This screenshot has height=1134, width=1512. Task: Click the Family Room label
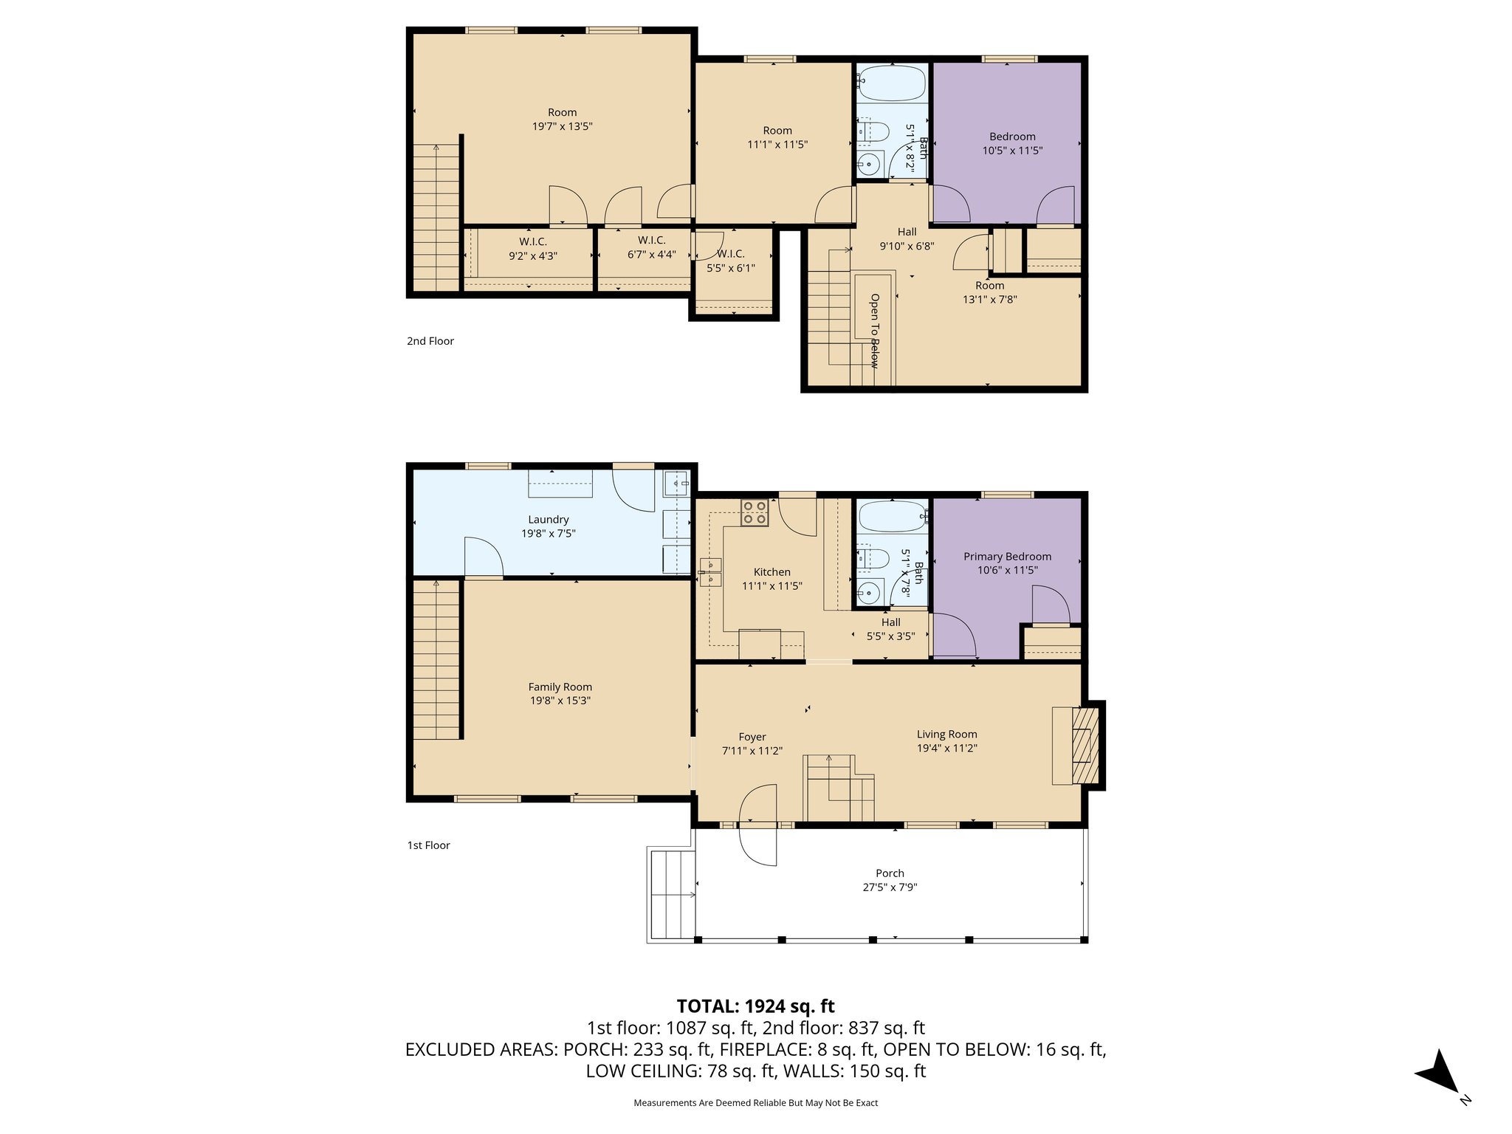click(x=560, y=687)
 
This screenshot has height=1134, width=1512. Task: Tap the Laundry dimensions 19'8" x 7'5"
click(x=548, y=533)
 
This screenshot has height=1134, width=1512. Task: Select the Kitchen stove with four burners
click(x=755, y=512)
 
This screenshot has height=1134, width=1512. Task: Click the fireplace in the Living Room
click(x=1082, y=745)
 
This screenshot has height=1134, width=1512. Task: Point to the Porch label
click(x=890, y=873)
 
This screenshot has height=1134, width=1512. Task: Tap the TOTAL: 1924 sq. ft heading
click(x=755, y=1006)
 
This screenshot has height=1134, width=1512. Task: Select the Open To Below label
click(x=874, y=330)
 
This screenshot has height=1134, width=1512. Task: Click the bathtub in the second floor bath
click(x=892, y=83)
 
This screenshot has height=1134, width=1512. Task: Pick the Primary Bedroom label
click(x=1007, y=556)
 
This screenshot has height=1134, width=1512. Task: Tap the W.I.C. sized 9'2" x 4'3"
click(x=532, y=249)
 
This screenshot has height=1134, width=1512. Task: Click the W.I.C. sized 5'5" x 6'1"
click(x=730, y=261)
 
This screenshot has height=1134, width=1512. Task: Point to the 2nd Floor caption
click(x=430, y=341)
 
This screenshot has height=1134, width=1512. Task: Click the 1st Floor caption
click(x=428, y=845)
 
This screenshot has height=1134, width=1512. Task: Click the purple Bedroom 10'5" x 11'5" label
click(x=1012, y=137)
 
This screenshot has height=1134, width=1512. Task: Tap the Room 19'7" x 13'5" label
click(x=562, y=119)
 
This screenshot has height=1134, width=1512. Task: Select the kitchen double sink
click(x=709, y=571)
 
